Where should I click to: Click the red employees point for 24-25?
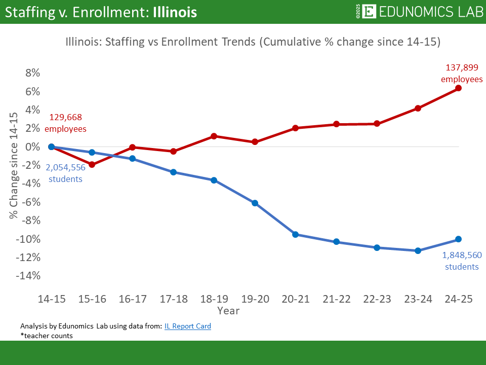[459, 88]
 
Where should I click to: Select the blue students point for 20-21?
[296, 234]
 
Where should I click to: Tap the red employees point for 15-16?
[92, 164]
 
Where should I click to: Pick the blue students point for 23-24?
[418, 250]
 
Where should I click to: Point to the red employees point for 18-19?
[214, 136]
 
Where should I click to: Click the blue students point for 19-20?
[255, 203]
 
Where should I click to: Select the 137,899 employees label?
[461, 73]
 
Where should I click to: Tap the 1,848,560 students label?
[461, 261]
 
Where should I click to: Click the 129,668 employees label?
[66, 123]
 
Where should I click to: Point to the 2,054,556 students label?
[66, 173]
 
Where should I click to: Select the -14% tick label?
[28, 276]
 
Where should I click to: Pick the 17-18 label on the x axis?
[173, 299]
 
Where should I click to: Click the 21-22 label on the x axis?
[336, 299]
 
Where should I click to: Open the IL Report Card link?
[187, 326]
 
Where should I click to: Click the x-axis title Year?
[228, 310]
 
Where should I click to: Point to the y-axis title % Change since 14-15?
[14, 166]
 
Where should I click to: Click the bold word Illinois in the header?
[174, 12]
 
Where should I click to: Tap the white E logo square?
[370, 12]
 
